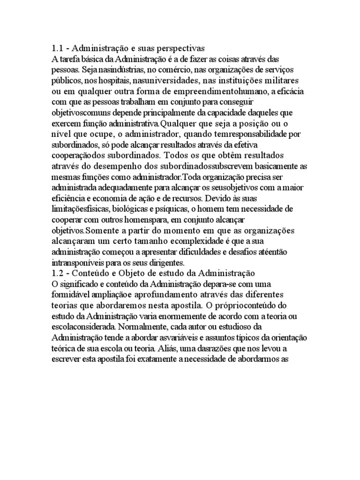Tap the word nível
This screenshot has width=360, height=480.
click(x=60, y=135)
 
